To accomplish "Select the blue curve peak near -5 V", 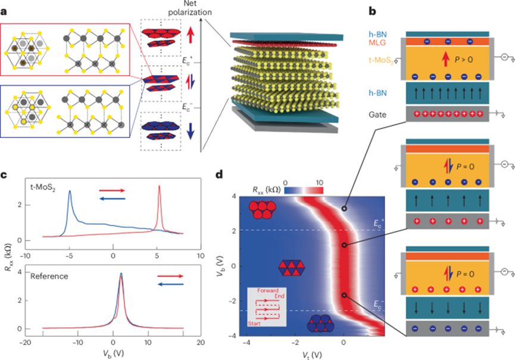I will (x=70, y=192).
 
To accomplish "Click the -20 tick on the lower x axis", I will (x=26, y=343).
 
